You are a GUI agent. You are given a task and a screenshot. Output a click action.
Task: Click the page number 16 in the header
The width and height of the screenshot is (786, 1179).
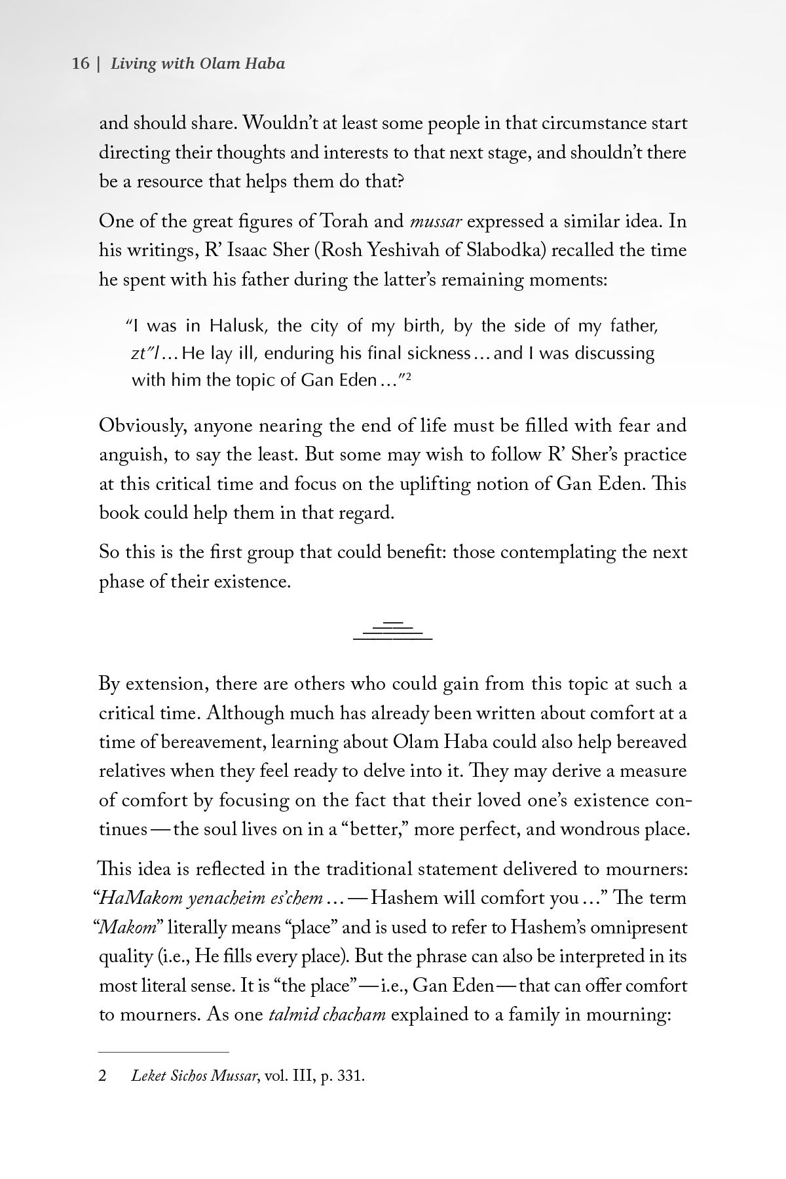pos(80,64)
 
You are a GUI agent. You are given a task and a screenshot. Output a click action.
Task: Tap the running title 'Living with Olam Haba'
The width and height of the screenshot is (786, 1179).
pos(198,64)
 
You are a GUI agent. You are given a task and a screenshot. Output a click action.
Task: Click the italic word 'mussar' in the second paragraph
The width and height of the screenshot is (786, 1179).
pos(436,221)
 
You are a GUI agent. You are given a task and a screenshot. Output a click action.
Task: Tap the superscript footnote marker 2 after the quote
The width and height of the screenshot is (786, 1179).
pos(407,376)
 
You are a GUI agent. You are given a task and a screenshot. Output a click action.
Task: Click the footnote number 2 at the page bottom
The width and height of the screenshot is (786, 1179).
pos(103,1077)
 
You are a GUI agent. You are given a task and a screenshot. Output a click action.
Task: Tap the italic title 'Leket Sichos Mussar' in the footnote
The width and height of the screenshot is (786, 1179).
pos(193,1077)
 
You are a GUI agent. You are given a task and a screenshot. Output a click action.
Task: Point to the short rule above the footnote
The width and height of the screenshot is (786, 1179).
pos(164,1052)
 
